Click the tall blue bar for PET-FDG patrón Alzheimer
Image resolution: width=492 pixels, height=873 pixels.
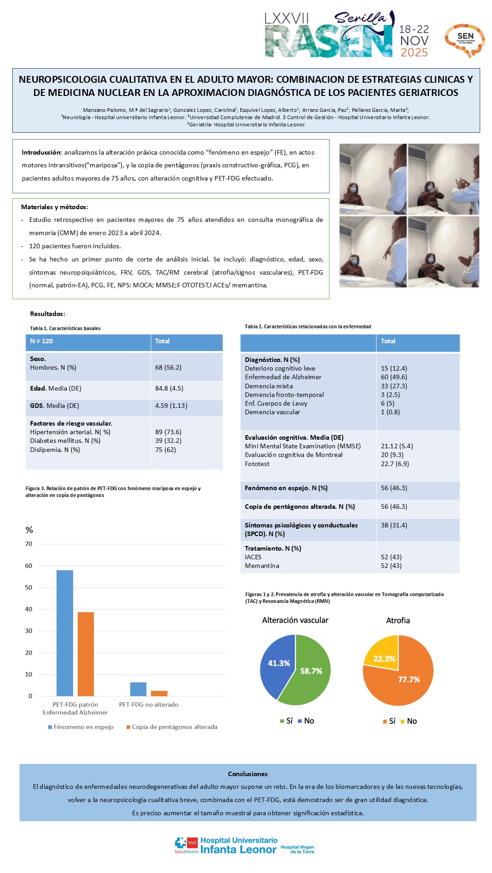(x=65, y=632)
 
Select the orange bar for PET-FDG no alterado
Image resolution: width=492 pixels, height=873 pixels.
(x=159, y=693)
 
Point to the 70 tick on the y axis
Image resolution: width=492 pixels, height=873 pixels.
(x=29, y=544)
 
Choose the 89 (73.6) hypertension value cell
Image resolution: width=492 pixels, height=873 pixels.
(x=168, y=432)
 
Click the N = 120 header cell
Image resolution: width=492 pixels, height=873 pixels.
(x=41, y=341)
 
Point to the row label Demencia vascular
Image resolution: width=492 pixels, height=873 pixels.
(x=272, y=412)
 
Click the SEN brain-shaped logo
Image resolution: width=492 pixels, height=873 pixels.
(x=465, y=40)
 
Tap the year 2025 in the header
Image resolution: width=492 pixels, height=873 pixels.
(x=414, y=53)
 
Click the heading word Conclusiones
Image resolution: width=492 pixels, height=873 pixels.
(x=248, y=774)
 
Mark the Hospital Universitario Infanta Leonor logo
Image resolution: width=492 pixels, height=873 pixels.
(x=244, y=845)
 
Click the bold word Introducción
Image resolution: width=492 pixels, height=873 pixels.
(x=41, y=152)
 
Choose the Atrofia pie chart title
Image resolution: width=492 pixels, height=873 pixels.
(x=398, y=620)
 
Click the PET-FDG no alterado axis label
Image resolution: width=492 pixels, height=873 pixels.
(x=149, y=704)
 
